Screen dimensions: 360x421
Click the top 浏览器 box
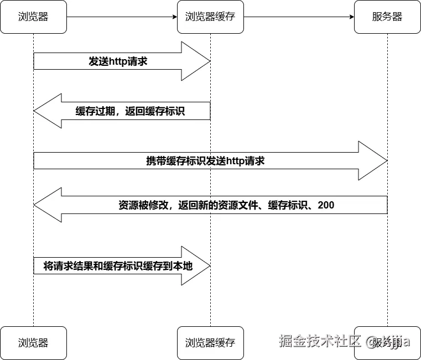pos(33,17)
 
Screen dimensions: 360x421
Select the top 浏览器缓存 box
pos(210,17)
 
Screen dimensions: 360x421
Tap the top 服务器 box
pos(387,17)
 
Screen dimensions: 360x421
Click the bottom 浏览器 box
pos(33,343)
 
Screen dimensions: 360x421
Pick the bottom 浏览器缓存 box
pos(210,343)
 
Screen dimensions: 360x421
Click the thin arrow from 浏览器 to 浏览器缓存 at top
pos(122,17)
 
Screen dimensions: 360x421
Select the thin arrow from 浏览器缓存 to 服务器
pos(299,17)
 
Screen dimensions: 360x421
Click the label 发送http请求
pos(118,61)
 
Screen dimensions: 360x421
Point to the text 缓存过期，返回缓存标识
pos(130,111)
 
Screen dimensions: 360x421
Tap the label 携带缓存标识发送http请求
pos(205,161)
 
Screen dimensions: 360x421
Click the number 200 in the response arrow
pos(326,205)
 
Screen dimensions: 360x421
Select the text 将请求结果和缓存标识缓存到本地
pos(118,266)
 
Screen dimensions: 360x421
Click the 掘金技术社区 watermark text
pos(320,341)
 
